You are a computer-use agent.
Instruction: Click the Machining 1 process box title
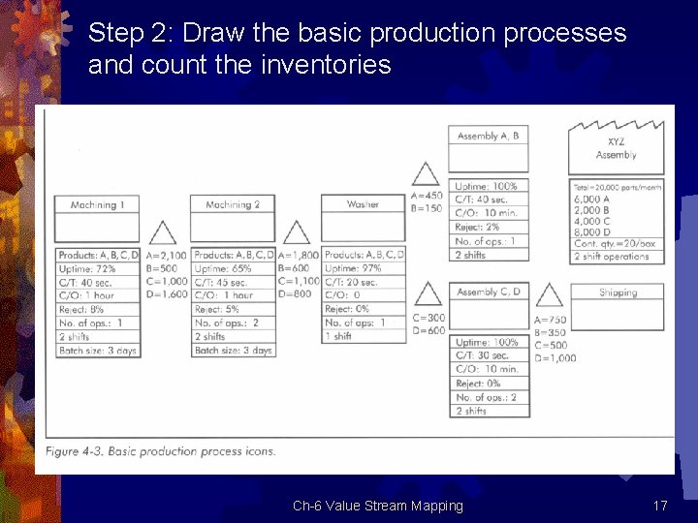click(x=99, y=204)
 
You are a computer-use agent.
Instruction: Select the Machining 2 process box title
click(x=233, y=204)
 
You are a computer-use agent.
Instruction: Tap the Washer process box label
click(x=364, y=204)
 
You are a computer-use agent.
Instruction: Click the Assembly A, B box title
click(x=489, y=137)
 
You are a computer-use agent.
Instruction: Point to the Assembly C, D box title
click(x=489, y=292)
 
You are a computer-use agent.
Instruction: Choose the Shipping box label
click(x=618, y=292)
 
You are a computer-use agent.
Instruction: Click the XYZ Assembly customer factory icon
click(x=617, y=147)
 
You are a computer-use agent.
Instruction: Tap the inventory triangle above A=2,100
click(x=163, y=232)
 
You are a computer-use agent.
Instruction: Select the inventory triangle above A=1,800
click(x=296, y=232)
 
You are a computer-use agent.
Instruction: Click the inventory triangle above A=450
click(x=424, y=174)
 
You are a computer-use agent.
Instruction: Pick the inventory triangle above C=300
click(x=428, y=293)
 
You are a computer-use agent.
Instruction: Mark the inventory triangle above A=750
click(x=550, y=294)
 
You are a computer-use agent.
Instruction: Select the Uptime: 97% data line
click(x=353, y=268)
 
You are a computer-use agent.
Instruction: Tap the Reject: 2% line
click(x=477, y=227)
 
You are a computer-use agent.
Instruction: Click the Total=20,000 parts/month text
click(x=617, y=186)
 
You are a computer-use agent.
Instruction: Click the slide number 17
click(x=660, y=506)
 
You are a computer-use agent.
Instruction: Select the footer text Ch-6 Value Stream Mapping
click(x=378, y=506)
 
